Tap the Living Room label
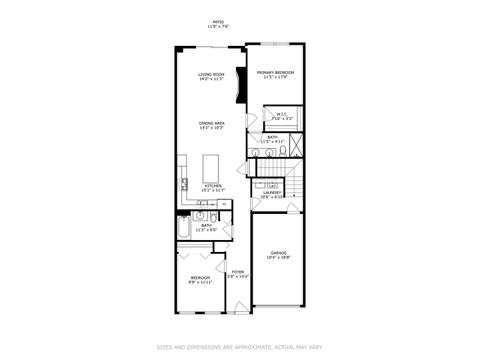point(210,74)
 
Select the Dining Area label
point(210,123)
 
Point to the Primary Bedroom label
point(273,72)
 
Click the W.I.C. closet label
point(283,114)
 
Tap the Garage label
point(278,253)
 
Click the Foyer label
point(238,271)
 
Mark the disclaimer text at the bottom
point(239,348)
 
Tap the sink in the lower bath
point(201,215)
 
